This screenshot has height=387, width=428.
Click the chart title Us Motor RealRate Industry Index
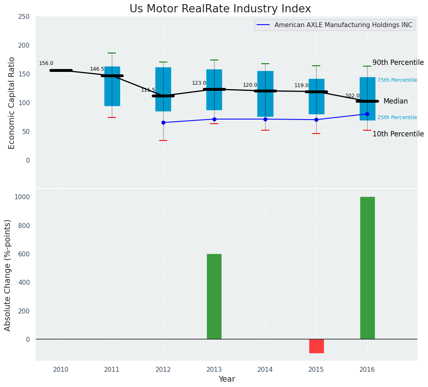coord(220,9)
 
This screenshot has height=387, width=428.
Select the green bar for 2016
coord(367,268)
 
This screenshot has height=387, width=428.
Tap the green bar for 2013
coord(214,296)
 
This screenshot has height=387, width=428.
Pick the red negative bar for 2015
coord(316,346)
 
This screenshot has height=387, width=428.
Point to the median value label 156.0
coord(46,63)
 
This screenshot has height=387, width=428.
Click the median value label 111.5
coord(148,90)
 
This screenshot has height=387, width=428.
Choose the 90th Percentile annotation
coord(398,63)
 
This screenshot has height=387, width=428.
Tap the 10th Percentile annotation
coord(398,134)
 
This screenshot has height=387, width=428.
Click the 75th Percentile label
coord(397,80)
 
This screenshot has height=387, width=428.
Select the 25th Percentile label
coord(397,117)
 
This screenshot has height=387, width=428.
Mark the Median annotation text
coord(395,101)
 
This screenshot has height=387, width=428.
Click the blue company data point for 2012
coord(163,122)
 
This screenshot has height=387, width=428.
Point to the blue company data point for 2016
coord(367,114)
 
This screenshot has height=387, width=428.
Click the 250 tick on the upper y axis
coord(24,16)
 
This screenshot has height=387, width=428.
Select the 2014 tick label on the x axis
coord(265,370)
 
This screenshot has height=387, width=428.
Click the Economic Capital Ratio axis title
coord(12,103)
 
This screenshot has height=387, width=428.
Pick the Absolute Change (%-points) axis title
coord(8,275)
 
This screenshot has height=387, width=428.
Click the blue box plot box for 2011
coord(112,86)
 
